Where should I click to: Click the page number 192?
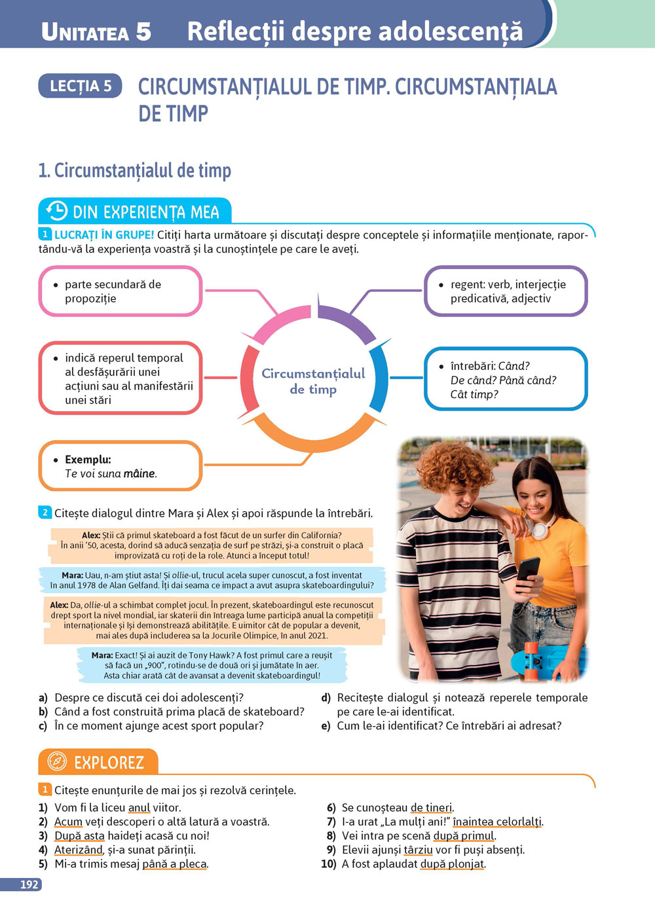(x=29, y=884)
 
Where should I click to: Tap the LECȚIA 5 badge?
(x=81, y=86)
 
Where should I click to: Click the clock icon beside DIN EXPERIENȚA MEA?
(x=57, y=211)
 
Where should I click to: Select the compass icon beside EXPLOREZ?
(x=58, y=762)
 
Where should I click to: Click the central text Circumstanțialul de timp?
(x=313, y=381)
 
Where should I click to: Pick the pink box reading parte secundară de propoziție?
(x=120, y=291)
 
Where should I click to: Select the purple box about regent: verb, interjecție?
(x=506, y=291)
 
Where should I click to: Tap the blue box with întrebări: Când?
(x=506, y=380)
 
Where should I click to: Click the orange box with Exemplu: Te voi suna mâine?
(x=120, y=466)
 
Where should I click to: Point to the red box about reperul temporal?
(x=120, y=378)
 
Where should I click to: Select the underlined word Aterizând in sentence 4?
(x=79, y=850)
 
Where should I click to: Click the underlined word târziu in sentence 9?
(x=419, y=850)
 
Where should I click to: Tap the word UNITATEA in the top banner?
(x=85, y=32)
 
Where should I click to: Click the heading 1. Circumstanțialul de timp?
(x=135, y=171)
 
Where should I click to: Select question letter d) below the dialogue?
(x=326, y=698)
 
